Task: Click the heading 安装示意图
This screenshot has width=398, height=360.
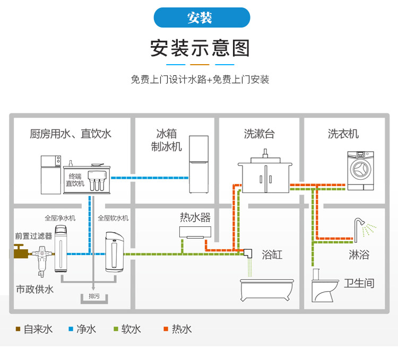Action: pyautogui.click(x=200, y=48)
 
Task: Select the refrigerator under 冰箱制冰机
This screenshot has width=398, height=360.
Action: pyautogui.click(x=200, y=165)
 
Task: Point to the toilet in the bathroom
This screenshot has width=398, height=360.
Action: pyautogui.click(x=323, y=287)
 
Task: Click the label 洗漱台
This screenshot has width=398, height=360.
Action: pyautogui.click(x=259, y=134)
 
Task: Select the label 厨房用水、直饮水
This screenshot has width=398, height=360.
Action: pyautogui.click(x=71, y=134)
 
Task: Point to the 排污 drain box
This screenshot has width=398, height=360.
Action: pyautogui.click(x=94, y=297)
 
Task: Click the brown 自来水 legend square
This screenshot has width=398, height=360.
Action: pyautogui.click(x=18, y=329)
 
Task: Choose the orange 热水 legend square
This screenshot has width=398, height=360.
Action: pyautogui.click(x=166, y=329)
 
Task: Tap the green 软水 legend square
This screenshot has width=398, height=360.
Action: pyautogui.click(x=116, y=329)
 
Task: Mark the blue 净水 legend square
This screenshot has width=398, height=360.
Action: pyautogui.click(x=71, y=329)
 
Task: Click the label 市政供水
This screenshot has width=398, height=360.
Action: pyautogui.click(x=34, y=289)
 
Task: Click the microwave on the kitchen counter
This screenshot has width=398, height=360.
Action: pyautogui.click(x=52, y=161)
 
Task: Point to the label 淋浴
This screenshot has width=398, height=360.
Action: pyautogui.click(x=359, y=255)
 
